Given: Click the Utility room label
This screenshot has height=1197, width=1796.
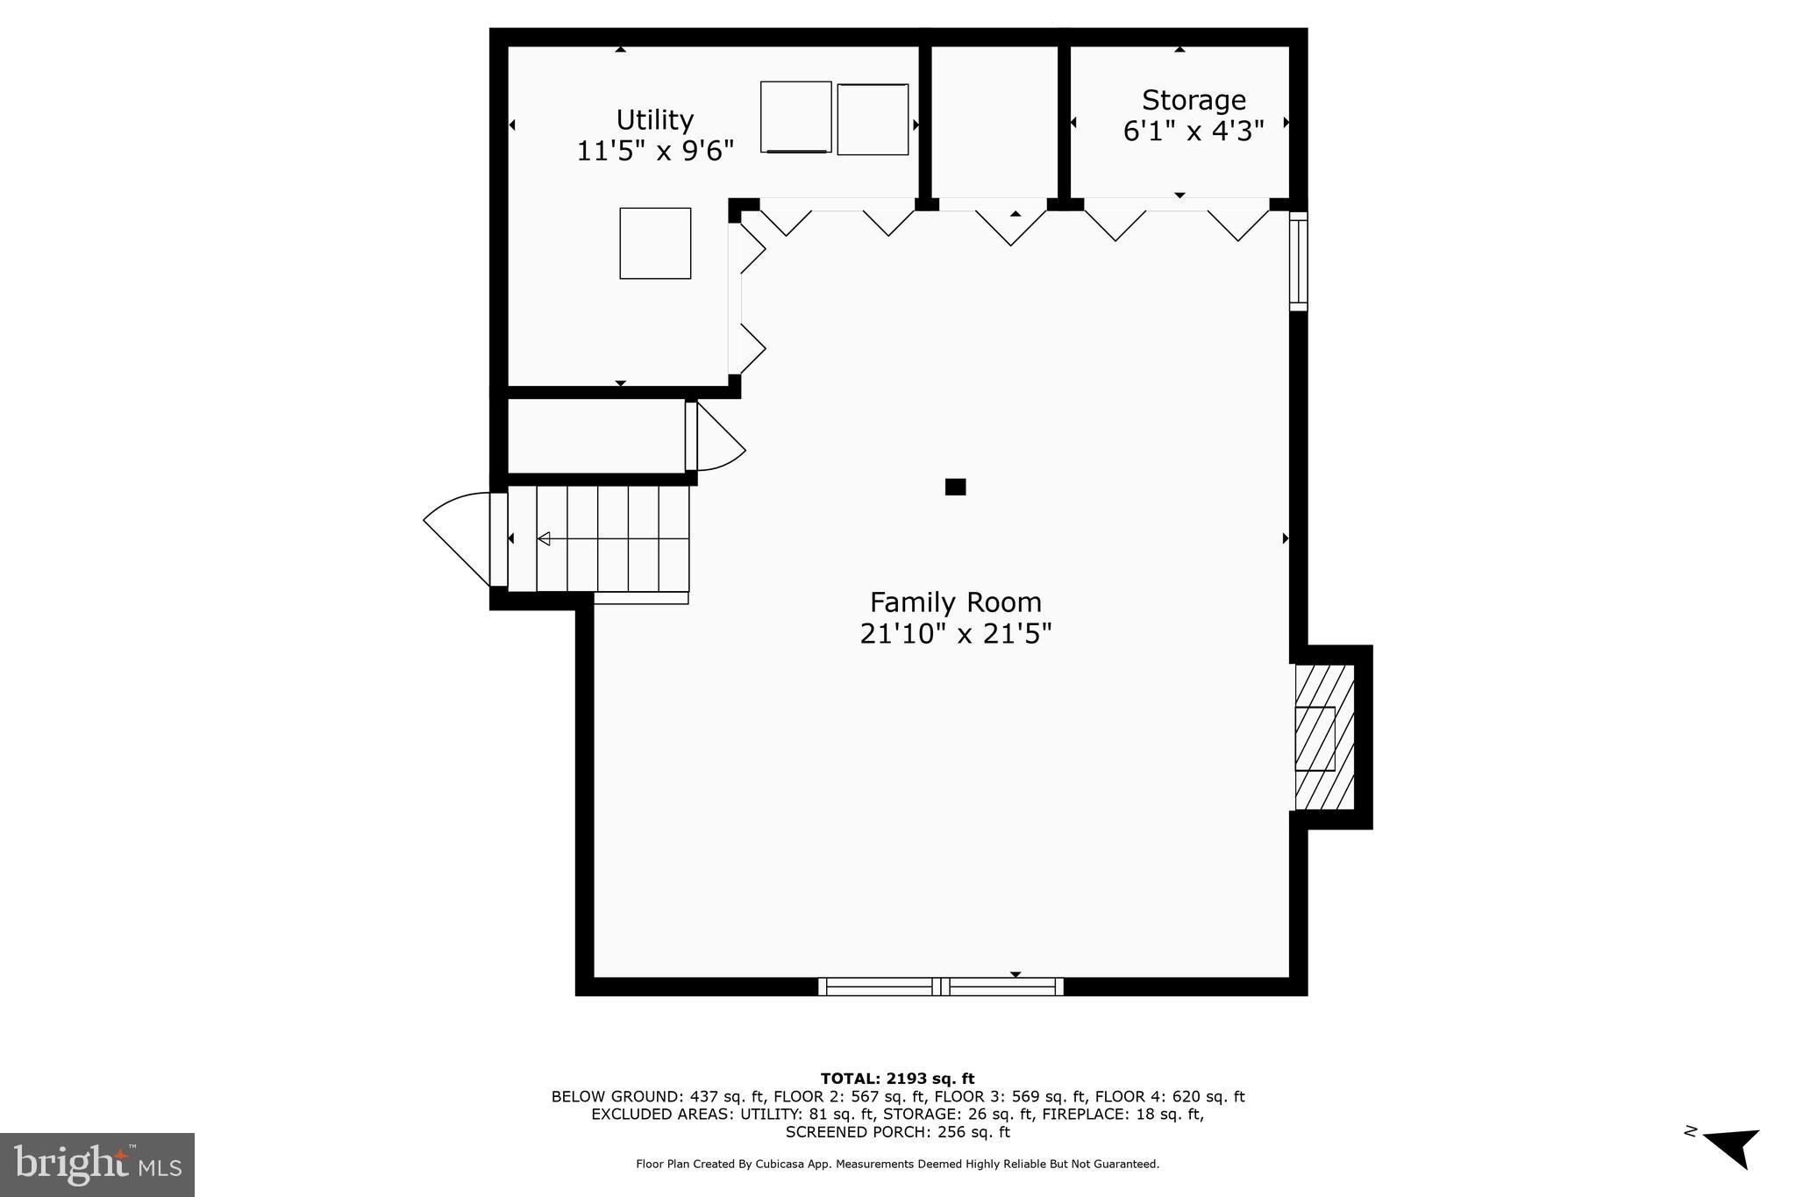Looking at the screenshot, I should pyautogui.click(x=654, y=119).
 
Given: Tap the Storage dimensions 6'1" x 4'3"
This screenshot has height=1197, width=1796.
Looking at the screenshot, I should pyautogui.click(x=1193, y=132).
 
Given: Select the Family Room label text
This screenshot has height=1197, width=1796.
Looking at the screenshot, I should pyautogui.click(x=955, y=602).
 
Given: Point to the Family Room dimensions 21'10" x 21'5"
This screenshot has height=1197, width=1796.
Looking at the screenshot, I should pyautogui.click(x=955, y=633).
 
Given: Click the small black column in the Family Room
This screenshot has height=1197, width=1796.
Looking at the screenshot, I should pyautogui.click(x=955, y=487).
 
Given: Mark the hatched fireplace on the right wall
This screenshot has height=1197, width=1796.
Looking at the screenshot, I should pyautogui.click(x=1324, y=737).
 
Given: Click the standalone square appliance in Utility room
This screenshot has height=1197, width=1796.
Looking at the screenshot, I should pyautogui.click(x=655, y=243).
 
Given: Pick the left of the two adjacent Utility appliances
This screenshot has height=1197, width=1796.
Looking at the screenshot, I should pyautogui.click(x=795, y=117).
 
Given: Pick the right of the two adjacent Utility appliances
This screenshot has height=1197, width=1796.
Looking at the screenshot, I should pyautogui.click(x=873, y=119).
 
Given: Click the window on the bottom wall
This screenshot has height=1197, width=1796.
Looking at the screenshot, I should pyautogui.click(x=941, y=987).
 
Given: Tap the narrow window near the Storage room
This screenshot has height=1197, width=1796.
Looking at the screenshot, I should pyautogui.click(x=1298, y=260).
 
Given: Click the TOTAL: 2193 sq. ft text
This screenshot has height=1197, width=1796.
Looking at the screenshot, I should pyautogui.click(x=897, y=1079).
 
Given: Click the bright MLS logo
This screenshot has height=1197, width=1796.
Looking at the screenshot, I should pyautogui.click(x=97, y=1165).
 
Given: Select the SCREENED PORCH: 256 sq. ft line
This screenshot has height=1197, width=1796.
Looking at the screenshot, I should pyautogui.click(x=897, y=1132).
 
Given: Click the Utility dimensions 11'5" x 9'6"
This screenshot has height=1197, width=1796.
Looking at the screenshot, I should pyautogui.click(x=654, y=151).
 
